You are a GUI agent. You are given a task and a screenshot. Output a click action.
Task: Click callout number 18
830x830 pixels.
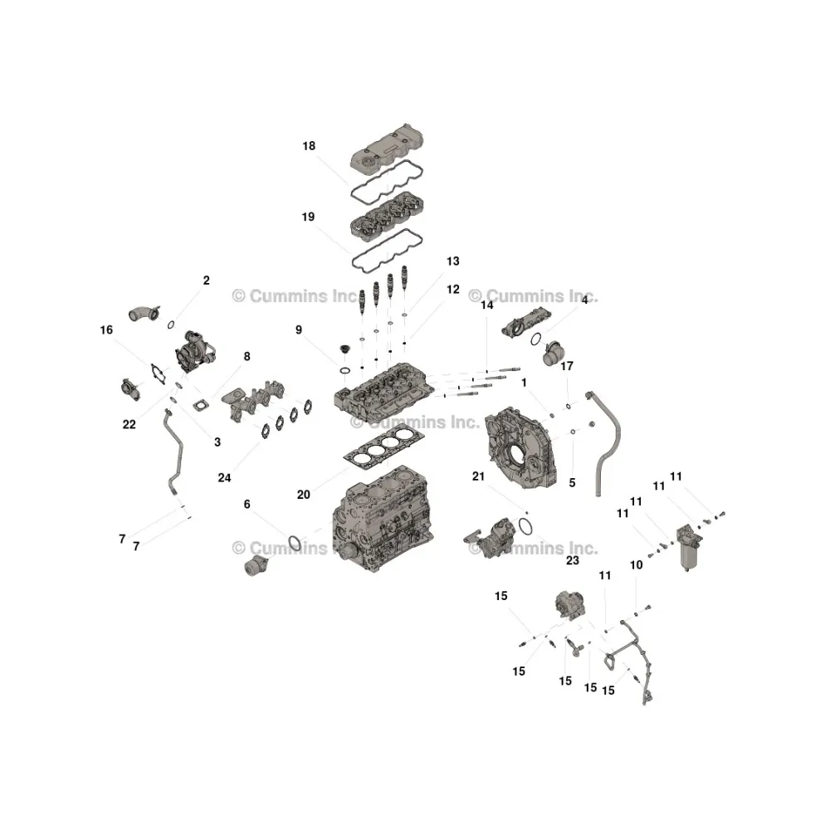point(309,146)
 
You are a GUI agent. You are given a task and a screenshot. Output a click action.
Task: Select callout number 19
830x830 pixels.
point(308,217)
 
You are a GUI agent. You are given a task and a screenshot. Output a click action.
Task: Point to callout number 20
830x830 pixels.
point(303,495)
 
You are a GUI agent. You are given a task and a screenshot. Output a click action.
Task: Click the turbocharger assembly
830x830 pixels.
point(193,351)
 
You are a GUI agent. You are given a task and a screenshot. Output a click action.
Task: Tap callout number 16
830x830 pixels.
point(106,330)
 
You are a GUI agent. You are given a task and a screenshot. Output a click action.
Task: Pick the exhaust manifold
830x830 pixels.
point(253,400)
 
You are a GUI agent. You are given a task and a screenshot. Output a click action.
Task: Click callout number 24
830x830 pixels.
point(224,478)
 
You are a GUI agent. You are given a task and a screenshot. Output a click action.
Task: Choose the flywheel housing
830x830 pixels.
point(521,448)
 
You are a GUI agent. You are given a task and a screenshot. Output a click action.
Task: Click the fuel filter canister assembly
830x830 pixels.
point(689,548)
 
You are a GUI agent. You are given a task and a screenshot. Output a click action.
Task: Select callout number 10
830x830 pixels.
point(637,565)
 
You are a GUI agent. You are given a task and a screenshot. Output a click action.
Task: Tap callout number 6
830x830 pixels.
point(247,505)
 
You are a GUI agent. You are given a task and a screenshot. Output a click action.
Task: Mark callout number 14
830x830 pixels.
point(487,305)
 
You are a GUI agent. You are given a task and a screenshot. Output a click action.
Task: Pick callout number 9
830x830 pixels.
point(299,330)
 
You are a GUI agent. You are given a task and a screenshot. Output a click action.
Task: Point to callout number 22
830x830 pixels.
point(129,424)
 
